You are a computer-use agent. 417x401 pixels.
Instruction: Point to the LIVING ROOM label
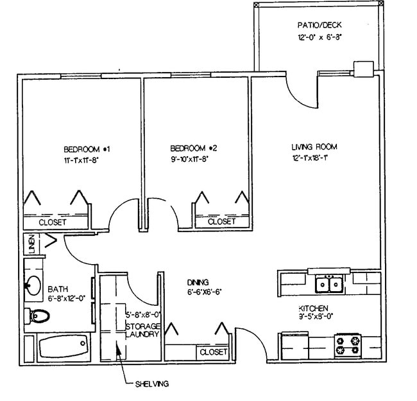pos(314,147)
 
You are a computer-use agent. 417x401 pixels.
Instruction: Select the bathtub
pos(62,348)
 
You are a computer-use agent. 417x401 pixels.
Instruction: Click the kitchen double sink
pos(331,282)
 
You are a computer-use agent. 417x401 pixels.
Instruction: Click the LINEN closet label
pos(31,244)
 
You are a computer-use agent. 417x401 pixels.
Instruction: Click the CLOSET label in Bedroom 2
pos(222,221)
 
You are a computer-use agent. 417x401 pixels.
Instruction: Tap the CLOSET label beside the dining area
pos(213,352)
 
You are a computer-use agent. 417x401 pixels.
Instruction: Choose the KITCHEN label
pos(314,308)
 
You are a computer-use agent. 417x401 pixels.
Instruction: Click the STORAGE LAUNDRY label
pos(142,330)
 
